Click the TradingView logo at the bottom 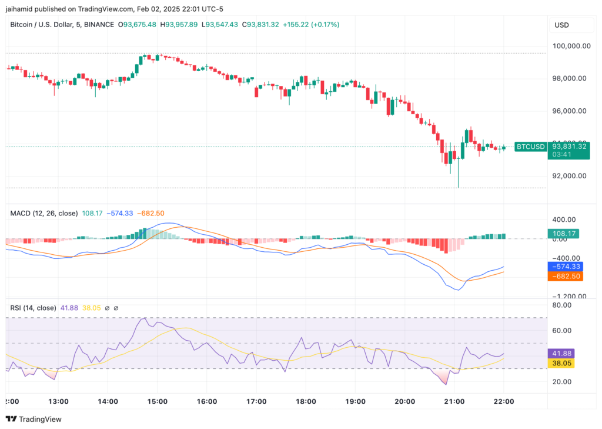(x=34, y=419)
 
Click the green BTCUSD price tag (x=530, y=147)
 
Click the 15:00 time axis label (x=158, y=401)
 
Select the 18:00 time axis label (x=306, y=401)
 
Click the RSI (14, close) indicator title (x=34, y=308)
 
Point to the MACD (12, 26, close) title (x=44, y=213)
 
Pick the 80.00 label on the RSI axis (x=561, y=305)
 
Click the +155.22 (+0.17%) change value (x=311, y=25)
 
